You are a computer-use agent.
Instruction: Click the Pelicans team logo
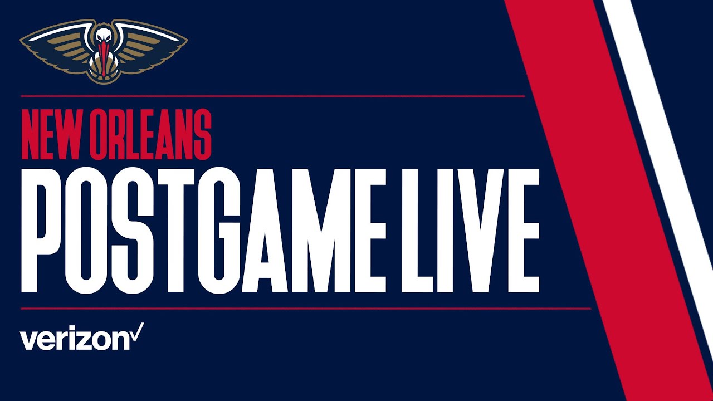point(104,51)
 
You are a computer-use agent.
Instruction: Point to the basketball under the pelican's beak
point(104,72)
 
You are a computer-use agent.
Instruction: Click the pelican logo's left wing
point(53,47)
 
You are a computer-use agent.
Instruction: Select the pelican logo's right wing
point(153,47)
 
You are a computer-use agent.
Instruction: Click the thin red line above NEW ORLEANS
point(273,96)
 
